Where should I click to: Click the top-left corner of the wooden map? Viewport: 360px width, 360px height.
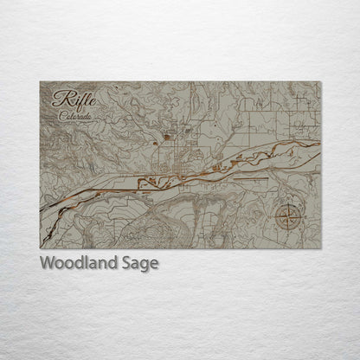[40, 81]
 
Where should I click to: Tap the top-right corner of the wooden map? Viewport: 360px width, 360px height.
[321, 81]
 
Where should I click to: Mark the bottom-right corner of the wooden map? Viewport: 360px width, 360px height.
[321, 248]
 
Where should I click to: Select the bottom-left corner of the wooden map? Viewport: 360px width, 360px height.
[40, 248]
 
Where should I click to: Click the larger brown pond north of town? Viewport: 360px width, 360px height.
[165, 135]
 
